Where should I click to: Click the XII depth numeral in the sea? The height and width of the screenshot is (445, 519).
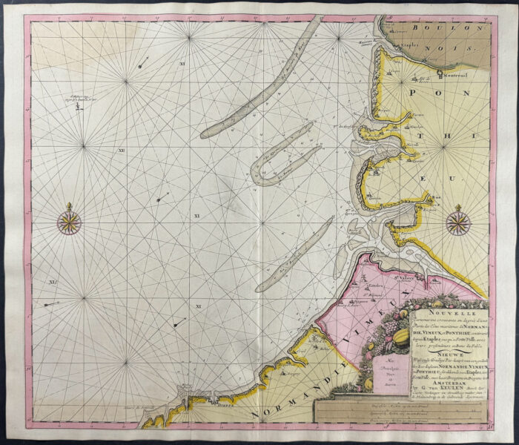pyautogui.click(x=121, y=151)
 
